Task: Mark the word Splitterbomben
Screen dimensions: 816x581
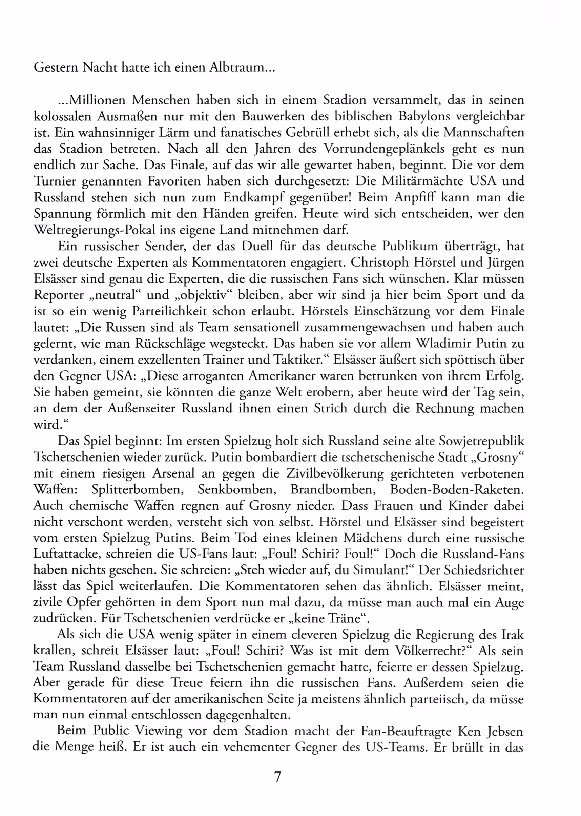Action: [x=138, y=489]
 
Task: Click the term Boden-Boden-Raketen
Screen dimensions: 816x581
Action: [x=457, y=489]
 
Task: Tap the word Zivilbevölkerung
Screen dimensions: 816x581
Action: [x=334, y=473]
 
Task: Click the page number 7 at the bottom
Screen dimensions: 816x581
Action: [x=277, y=777]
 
